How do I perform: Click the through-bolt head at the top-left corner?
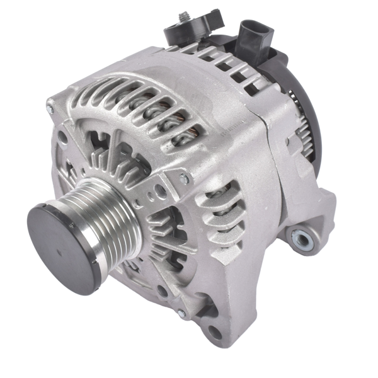tap(50, 108)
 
